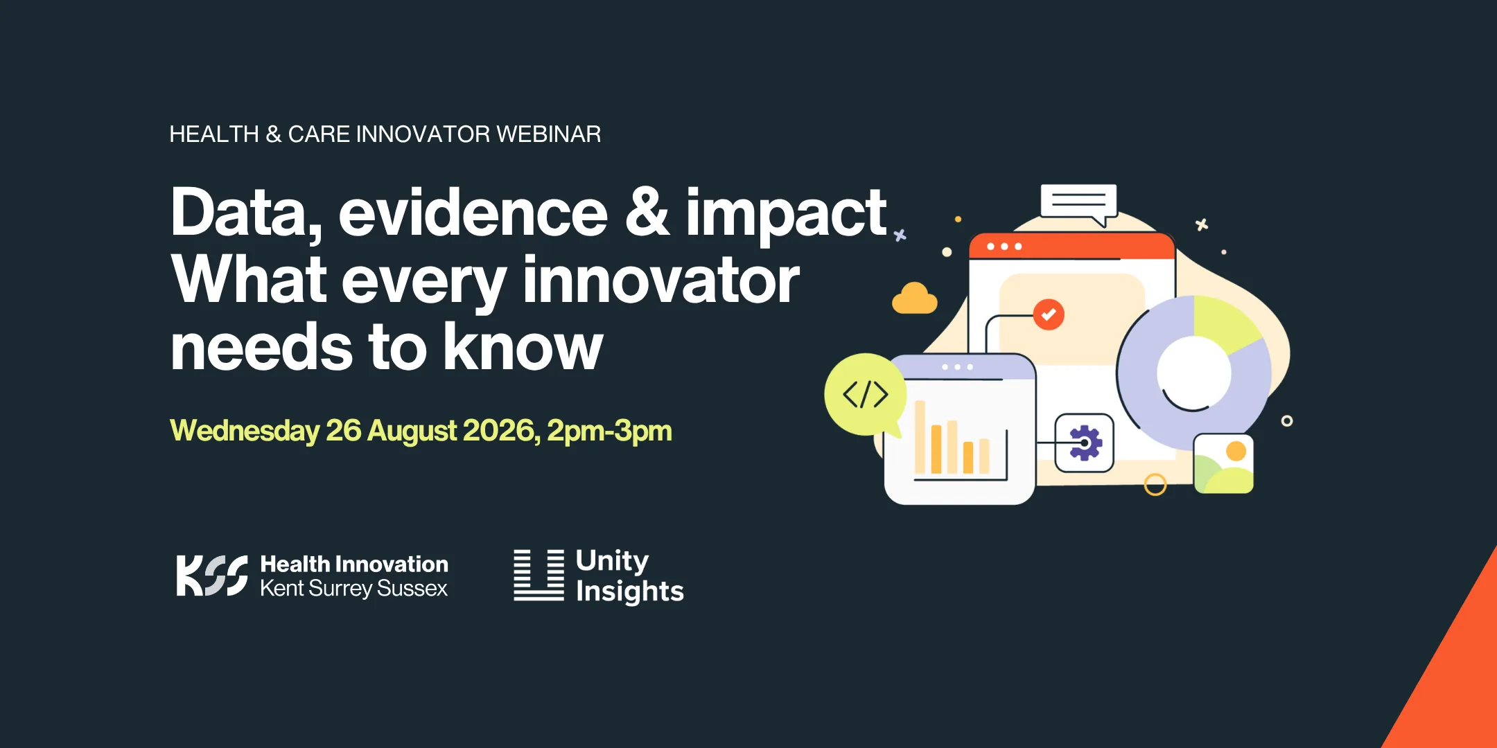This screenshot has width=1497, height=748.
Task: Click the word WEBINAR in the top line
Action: tap(548, 134)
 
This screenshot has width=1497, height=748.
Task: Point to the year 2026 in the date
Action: tap(498, 430)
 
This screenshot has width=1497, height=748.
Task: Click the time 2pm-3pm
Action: tap(609, 431)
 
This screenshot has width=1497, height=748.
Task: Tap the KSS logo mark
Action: tap(211, 576)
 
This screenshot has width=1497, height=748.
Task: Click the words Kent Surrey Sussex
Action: tap(353, 589)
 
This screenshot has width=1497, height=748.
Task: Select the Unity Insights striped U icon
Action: tap(539, 575)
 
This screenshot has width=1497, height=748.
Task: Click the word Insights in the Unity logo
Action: tap(629, 591)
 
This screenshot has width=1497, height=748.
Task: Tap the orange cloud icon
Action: tap(915, 299)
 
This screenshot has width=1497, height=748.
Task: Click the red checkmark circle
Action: tap(1049, 314)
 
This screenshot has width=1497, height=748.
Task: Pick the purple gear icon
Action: tap(1085, 443)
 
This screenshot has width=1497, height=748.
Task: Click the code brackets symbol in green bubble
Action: tap(865, 395)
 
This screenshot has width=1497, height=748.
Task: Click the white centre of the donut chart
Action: tap(1194, 373)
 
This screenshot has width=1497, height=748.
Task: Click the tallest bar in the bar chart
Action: tap(920, 437)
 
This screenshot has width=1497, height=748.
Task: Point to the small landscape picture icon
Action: tap(1223, 463)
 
